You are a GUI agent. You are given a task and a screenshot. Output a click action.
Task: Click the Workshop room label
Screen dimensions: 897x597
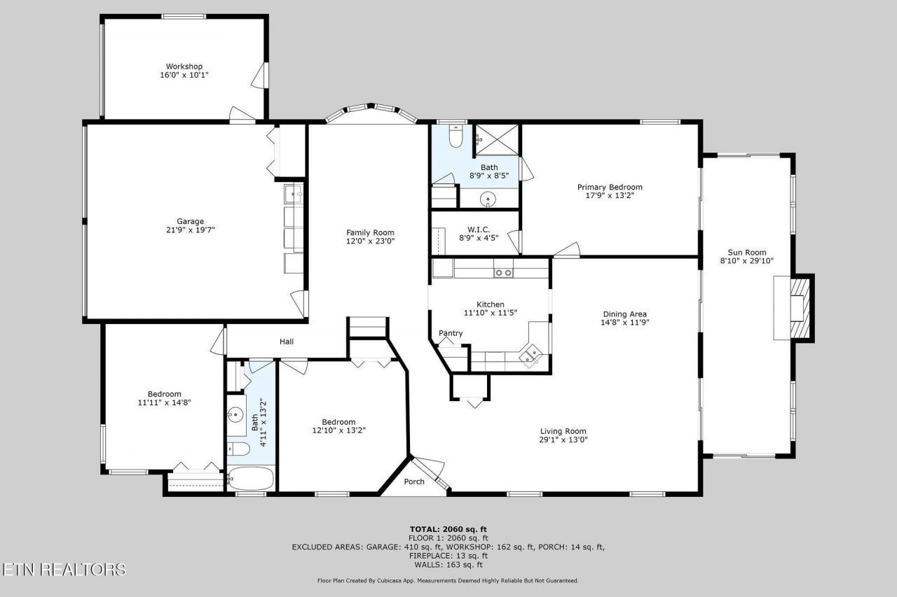click(184, 66)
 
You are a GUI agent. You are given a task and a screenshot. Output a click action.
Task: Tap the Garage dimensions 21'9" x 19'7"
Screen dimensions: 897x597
click(190, 230)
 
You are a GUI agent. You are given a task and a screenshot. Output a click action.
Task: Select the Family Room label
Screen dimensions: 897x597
click(370, 232)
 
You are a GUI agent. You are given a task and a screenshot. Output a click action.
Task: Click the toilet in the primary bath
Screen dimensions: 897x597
click(456, 136)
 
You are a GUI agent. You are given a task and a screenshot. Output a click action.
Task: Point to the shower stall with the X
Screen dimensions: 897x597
click(497, 139)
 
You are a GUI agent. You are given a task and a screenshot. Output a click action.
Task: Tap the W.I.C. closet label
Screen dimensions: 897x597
click(479, 230)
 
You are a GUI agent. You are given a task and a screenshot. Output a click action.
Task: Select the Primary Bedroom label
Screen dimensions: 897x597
click(610, 187)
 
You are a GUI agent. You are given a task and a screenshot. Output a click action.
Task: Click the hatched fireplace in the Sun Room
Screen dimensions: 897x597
click(800, 308)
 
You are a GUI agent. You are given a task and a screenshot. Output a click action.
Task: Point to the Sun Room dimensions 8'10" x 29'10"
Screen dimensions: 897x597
click(746, 261)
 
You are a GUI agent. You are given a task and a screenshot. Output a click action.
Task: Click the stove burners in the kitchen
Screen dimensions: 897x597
click(503, 273)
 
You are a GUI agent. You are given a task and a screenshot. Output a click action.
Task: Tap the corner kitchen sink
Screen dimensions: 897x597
click(530, 355)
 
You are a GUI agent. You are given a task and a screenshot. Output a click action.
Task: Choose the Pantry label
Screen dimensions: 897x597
click(451, 333)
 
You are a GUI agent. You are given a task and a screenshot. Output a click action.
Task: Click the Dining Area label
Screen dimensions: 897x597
click(624, 314)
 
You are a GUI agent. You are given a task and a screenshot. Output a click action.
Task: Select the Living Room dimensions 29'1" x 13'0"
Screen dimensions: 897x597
click(563, 440)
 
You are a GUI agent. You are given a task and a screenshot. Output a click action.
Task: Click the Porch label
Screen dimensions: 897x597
click(414, 482)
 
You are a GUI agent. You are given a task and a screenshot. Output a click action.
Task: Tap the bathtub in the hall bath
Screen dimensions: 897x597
click(251, 478)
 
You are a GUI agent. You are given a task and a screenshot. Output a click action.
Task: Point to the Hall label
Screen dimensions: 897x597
click(287, 342)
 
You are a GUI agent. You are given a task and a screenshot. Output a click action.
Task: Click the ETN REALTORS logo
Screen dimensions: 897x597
click(64, 570)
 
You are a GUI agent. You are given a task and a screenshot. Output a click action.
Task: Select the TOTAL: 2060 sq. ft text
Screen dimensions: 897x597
click(448, 529)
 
